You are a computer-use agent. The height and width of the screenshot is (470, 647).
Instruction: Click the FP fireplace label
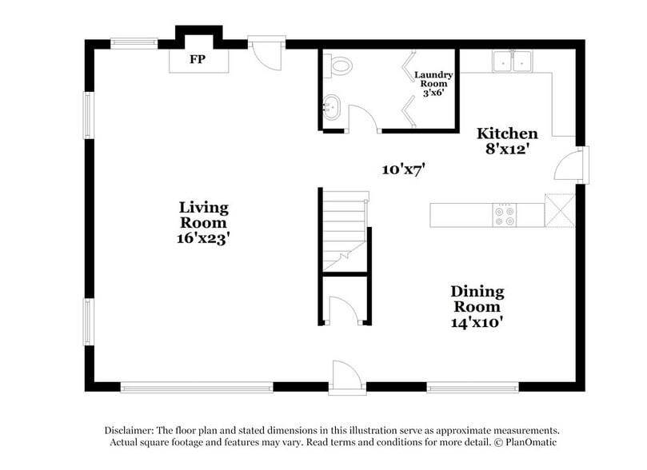tap(197, 60)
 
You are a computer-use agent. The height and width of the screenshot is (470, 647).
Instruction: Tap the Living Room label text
tap(203, 215)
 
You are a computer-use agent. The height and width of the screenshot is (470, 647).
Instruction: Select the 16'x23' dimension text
tap(203, 238)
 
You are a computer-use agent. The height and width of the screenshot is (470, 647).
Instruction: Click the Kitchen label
tap(507, 133)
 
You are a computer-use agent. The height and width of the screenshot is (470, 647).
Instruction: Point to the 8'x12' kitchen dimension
tap(507, 149)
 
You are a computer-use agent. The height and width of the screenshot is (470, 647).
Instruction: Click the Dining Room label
tap(477, 299)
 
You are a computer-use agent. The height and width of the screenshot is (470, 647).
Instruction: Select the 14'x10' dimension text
tap(477, 322)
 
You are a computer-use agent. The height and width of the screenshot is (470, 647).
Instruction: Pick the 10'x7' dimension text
tap(403, 169)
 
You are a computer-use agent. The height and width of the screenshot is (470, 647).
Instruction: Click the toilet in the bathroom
tap(341, 66)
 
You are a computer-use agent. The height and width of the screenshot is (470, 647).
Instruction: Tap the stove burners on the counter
tap(505, 214)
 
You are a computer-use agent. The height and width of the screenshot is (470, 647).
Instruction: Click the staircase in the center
tap(344, 228)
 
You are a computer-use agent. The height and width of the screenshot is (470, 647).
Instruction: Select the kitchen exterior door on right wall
tap(569, 165)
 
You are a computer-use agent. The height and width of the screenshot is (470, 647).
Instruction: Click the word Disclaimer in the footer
tap(128, 429)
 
